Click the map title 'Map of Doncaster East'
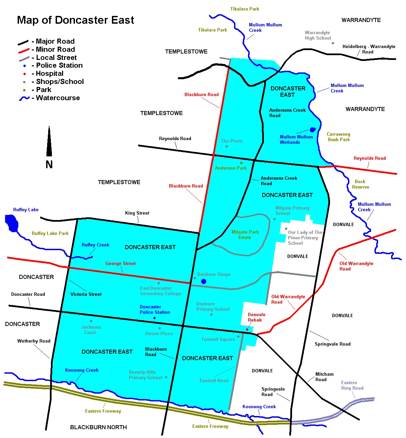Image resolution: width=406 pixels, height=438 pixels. point(75,20)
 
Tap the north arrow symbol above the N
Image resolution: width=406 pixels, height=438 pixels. point(49,142)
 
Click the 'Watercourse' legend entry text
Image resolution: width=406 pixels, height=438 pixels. point(58,98)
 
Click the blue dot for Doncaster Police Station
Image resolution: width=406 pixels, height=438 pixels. point(154,318)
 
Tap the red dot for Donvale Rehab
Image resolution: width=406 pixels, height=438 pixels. point(247,329)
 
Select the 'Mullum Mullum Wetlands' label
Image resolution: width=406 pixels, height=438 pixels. point(296,139)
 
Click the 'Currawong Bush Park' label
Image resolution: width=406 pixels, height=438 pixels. point(338,137)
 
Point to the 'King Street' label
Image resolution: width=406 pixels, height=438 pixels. point(137,213)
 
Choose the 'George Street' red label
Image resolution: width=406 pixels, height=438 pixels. point(120,263)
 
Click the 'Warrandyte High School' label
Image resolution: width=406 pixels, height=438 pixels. point(317,35)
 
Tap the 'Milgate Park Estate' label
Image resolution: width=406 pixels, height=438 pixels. point(245,235)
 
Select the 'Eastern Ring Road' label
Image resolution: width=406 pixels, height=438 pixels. point(352,385)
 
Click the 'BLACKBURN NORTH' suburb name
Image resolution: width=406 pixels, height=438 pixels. point(98,427)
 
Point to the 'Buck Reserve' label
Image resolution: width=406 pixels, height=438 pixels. point(360,184)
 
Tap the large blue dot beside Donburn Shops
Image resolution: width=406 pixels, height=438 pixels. point(204,281)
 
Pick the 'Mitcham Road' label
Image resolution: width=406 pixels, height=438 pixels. point(324,377)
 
